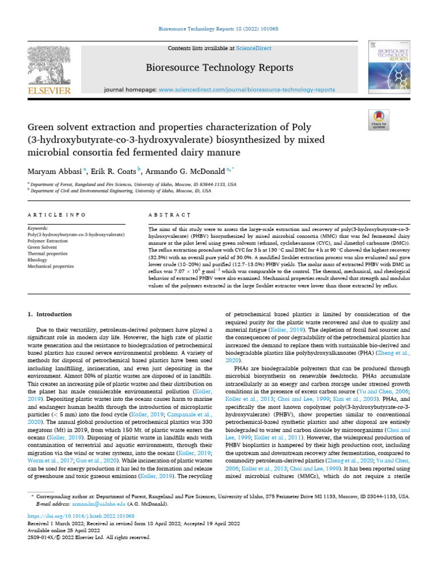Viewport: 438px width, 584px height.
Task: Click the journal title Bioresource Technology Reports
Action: coord(219,67)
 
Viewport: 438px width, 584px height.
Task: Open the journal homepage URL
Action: coord(246,90)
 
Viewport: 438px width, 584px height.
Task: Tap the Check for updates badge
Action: coord(378,120)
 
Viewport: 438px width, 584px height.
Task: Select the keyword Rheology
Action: coord(38,259)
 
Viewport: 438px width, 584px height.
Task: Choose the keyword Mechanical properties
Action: coord(51,265)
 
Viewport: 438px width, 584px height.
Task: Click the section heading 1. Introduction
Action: coord(50,314)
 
